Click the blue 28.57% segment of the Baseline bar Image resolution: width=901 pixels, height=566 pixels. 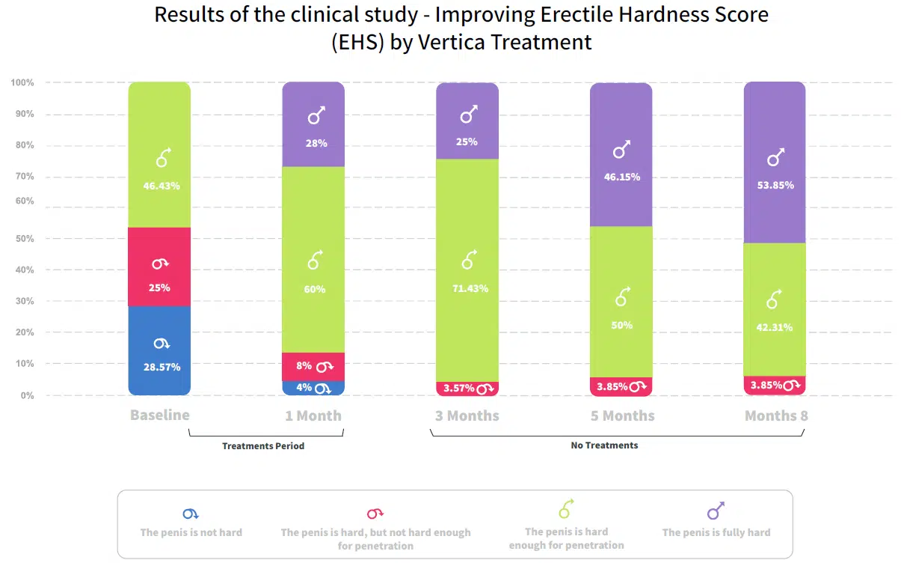[159, 350]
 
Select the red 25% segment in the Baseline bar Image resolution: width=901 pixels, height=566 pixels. [159, 267]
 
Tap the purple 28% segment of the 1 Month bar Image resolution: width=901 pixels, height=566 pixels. [313, 124]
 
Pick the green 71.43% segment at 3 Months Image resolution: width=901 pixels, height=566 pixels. [467, 270]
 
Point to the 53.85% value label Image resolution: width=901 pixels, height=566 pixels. [775, 185]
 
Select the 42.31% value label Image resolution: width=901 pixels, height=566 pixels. [775, 327]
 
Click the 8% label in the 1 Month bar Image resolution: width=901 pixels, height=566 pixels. [304, 366]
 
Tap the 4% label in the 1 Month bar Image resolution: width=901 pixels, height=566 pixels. [304, 388]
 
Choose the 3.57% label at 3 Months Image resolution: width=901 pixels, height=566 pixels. [459, 388]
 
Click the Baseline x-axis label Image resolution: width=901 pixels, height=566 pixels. [159, 415]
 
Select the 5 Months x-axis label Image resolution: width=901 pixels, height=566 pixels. [622, 416]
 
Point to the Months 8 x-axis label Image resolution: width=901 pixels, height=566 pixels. [776, 416]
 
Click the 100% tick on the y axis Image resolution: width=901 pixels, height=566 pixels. [22, 82]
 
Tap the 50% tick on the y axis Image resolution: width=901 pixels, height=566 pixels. [25, 239]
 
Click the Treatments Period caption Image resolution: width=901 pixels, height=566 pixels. [263, 446]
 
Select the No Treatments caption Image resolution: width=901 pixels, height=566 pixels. [604, 445]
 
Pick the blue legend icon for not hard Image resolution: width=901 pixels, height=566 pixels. [191, 514]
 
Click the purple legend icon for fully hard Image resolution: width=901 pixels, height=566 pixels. [716, 511]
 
